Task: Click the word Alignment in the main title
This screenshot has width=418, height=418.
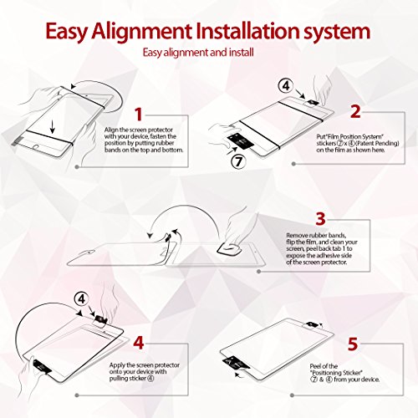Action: tap(141, 31)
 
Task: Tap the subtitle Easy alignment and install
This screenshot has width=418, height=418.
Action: tap(198, 53)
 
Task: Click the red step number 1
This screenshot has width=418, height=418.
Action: tap(139, 115)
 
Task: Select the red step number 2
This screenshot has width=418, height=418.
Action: tap(355, 111)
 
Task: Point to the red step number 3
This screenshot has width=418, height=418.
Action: tap(320, 219)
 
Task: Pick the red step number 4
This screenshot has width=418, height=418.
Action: tap(139, 343)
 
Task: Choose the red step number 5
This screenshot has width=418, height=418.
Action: tap(353, 344)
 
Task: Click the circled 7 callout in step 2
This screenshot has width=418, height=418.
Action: tap(238, 161)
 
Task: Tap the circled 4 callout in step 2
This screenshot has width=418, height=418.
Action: tap(286, 86)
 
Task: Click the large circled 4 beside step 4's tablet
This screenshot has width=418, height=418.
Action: tap(81, 299)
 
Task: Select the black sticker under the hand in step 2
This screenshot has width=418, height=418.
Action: tap(241, 140)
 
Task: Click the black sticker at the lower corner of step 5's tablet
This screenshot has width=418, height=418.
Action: tap(233, 363)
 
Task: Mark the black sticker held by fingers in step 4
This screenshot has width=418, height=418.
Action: tap(42, 367)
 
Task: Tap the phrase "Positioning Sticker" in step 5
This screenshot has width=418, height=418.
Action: tap(336, 373)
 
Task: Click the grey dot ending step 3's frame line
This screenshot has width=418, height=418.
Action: tap(259, 271)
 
